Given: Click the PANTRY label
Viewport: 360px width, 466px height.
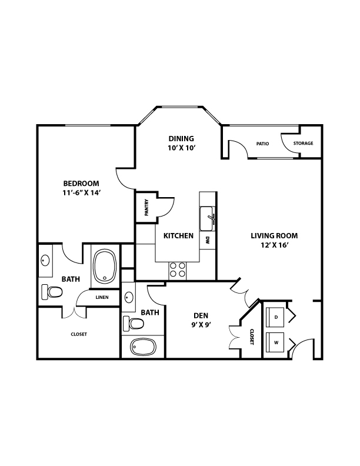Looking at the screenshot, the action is (x=146, y=208).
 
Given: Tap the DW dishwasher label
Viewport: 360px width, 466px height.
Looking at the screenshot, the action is (x=207, y=241).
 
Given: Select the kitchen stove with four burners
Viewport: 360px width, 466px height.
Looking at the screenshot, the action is (x=177, y=270).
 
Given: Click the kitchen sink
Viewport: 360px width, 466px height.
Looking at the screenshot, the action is (x=206, y=219).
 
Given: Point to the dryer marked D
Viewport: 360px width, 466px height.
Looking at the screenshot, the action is (x=275, y=317).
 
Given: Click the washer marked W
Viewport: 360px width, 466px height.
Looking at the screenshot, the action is (x=275, y=342).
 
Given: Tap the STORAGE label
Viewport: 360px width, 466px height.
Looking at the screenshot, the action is (x=304, y=143).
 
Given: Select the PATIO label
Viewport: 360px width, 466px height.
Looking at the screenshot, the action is (x=262, y=144).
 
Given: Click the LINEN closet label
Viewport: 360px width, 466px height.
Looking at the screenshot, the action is (x=102, y=297).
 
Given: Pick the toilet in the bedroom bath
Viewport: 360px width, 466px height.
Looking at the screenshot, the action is (x=52, y=292).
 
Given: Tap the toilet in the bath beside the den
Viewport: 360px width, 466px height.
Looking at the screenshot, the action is (x=134, y=324).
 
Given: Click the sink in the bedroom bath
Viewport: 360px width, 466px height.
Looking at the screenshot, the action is (x=45, y=260).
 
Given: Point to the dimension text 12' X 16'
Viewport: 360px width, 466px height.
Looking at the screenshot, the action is (x=275, y=245).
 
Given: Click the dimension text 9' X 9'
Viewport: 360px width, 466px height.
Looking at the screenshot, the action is (x=201, y=325).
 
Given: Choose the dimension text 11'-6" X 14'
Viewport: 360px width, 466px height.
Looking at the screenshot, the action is (x=81, y=192).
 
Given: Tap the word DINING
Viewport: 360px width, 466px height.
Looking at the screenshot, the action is (x=181, y=138).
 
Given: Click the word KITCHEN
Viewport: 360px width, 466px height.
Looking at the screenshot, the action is (x=178, y=236).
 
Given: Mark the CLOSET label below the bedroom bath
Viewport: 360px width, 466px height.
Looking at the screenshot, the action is (x=79, y=334).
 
